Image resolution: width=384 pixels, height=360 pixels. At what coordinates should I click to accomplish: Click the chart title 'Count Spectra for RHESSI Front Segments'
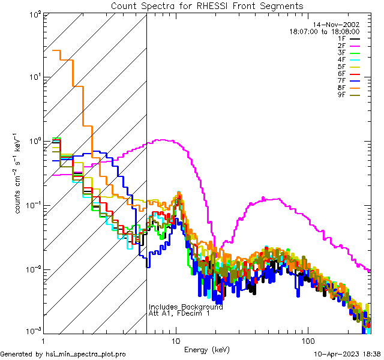207,6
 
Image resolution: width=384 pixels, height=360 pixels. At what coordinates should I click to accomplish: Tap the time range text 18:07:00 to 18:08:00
324,31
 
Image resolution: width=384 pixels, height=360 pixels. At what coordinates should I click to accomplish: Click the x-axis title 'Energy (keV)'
207,349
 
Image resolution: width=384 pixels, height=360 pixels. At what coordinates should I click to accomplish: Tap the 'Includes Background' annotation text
186,307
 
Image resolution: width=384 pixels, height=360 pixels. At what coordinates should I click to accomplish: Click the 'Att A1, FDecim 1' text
179,313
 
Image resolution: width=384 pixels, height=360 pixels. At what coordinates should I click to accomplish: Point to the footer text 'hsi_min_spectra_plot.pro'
86,355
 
